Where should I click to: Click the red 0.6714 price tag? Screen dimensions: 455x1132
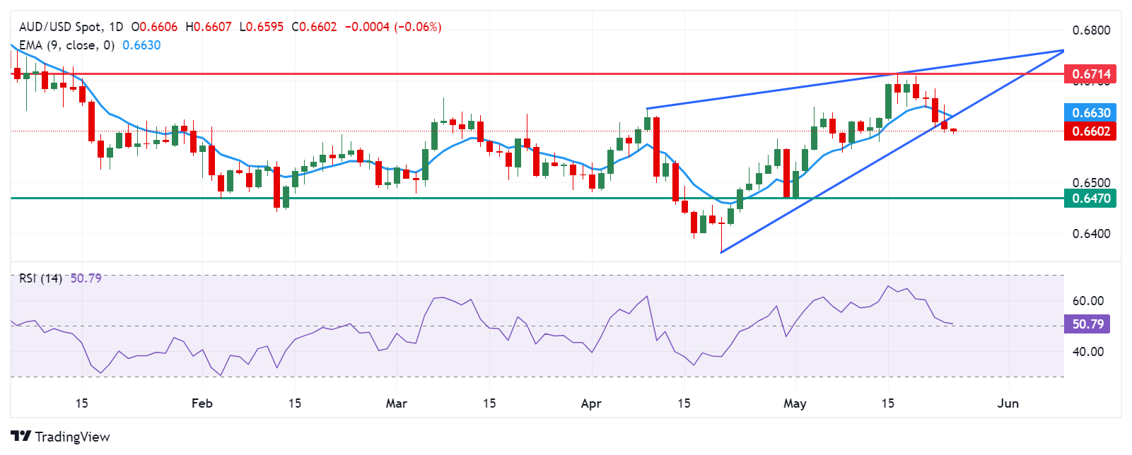[1091, 74]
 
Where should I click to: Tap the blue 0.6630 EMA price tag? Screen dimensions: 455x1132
[1091, 113]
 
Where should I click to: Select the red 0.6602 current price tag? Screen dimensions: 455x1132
[1091, 131]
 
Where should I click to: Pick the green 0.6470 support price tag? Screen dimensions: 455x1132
[1091, 199]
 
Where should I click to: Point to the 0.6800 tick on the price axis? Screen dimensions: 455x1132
[1091, 30]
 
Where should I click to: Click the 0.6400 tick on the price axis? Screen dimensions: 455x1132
[1091, 234]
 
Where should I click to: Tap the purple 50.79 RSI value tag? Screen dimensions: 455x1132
[1087, 324]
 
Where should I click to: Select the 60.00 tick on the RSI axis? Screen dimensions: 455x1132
[1087, 301]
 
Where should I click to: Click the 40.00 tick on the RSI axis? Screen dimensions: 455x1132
[1087, 352]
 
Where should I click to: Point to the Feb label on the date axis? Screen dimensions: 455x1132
[202, 403]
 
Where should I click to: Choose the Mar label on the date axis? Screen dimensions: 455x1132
[397, 403]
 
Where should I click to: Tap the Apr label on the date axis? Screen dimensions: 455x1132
[590, 403]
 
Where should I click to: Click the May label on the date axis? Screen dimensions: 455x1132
[795, 403]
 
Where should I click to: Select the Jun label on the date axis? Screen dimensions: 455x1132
[1008, 403]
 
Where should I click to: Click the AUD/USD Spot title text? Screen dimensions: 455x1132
[61, 27]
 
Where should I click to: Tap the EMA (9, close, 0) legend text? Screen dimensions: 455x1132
[66, 45]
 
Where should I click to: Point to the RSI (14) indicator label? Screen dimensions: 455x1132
[40, 278]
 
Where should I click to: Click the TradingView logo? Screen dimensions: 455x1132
[61, 437]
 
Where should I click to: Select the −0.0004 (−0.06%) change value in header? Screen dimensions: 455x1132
[393, 27]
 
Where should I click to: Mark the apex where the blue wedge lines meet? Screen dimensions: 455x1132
[1063, 51]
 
